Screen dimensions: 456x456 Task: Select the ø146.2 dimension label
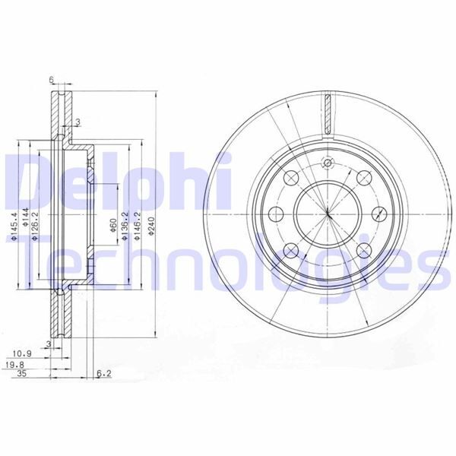[138, 226]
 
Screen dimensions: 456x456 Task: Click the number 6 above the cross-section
[51, 79]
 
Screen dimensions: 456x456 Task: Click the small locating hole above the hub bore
[328, 163]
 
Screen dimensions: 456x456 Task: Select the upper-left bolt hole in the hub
[290, 178]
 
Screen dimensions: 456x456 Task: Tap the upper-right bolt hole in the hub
[364, 178]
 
